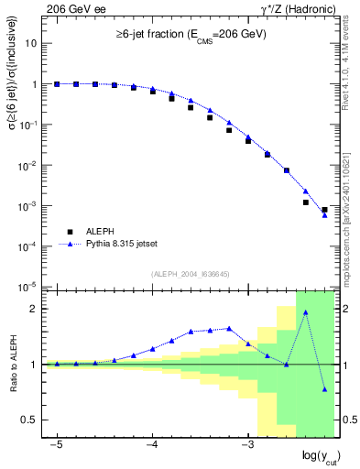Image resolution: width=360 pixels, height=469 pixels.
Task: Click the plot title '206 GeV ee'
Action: (x=70, y=8)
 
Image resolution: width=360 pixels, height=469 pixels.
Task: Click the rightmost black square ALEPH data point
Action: (x=324, y=210)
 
